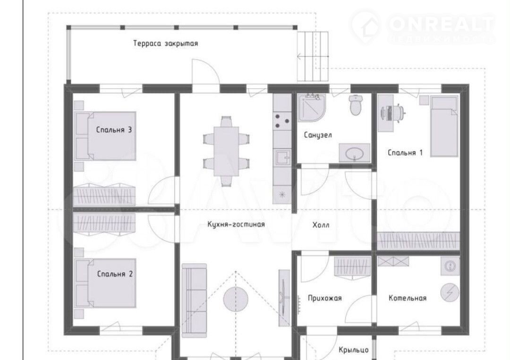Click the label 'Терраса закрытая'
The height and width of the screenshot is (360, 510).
[x=166, y=43]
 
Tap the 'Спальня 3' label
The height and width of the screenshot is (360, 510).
[x=114, y=130]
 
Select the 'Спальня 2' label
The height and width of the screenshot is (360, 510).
[x=115, y=274]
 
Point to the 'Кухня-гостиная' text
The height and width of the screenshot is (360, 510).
[x=236, y=224]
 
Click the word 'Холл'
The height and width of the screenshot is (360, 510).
[x=321, y=225]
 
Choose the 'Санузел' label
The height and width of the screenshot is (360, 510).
[x=318, y=135]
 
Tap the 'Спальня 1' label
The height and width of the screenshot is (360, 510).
[x=405, y=152]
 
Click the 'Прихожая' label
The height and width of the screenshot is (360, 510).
[x=324, y=298]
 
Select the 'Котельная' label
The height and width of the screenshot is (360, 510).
[x=407, y=298]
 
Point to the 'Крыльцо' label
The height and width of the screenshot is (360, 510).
[x=354, y=350]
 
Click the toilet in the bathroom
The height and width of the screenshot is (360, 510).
[x=356, y=105]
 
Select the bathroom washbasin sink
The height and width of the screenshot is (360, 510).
[x=355, y=152]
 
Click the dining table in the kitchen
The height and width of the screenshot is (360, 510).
[x=226, y=151]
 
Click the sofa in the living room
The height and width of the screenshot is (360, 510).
[x=194, y=301]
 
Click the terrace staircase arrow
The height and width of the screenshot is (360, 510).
[x=313, y=57]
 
